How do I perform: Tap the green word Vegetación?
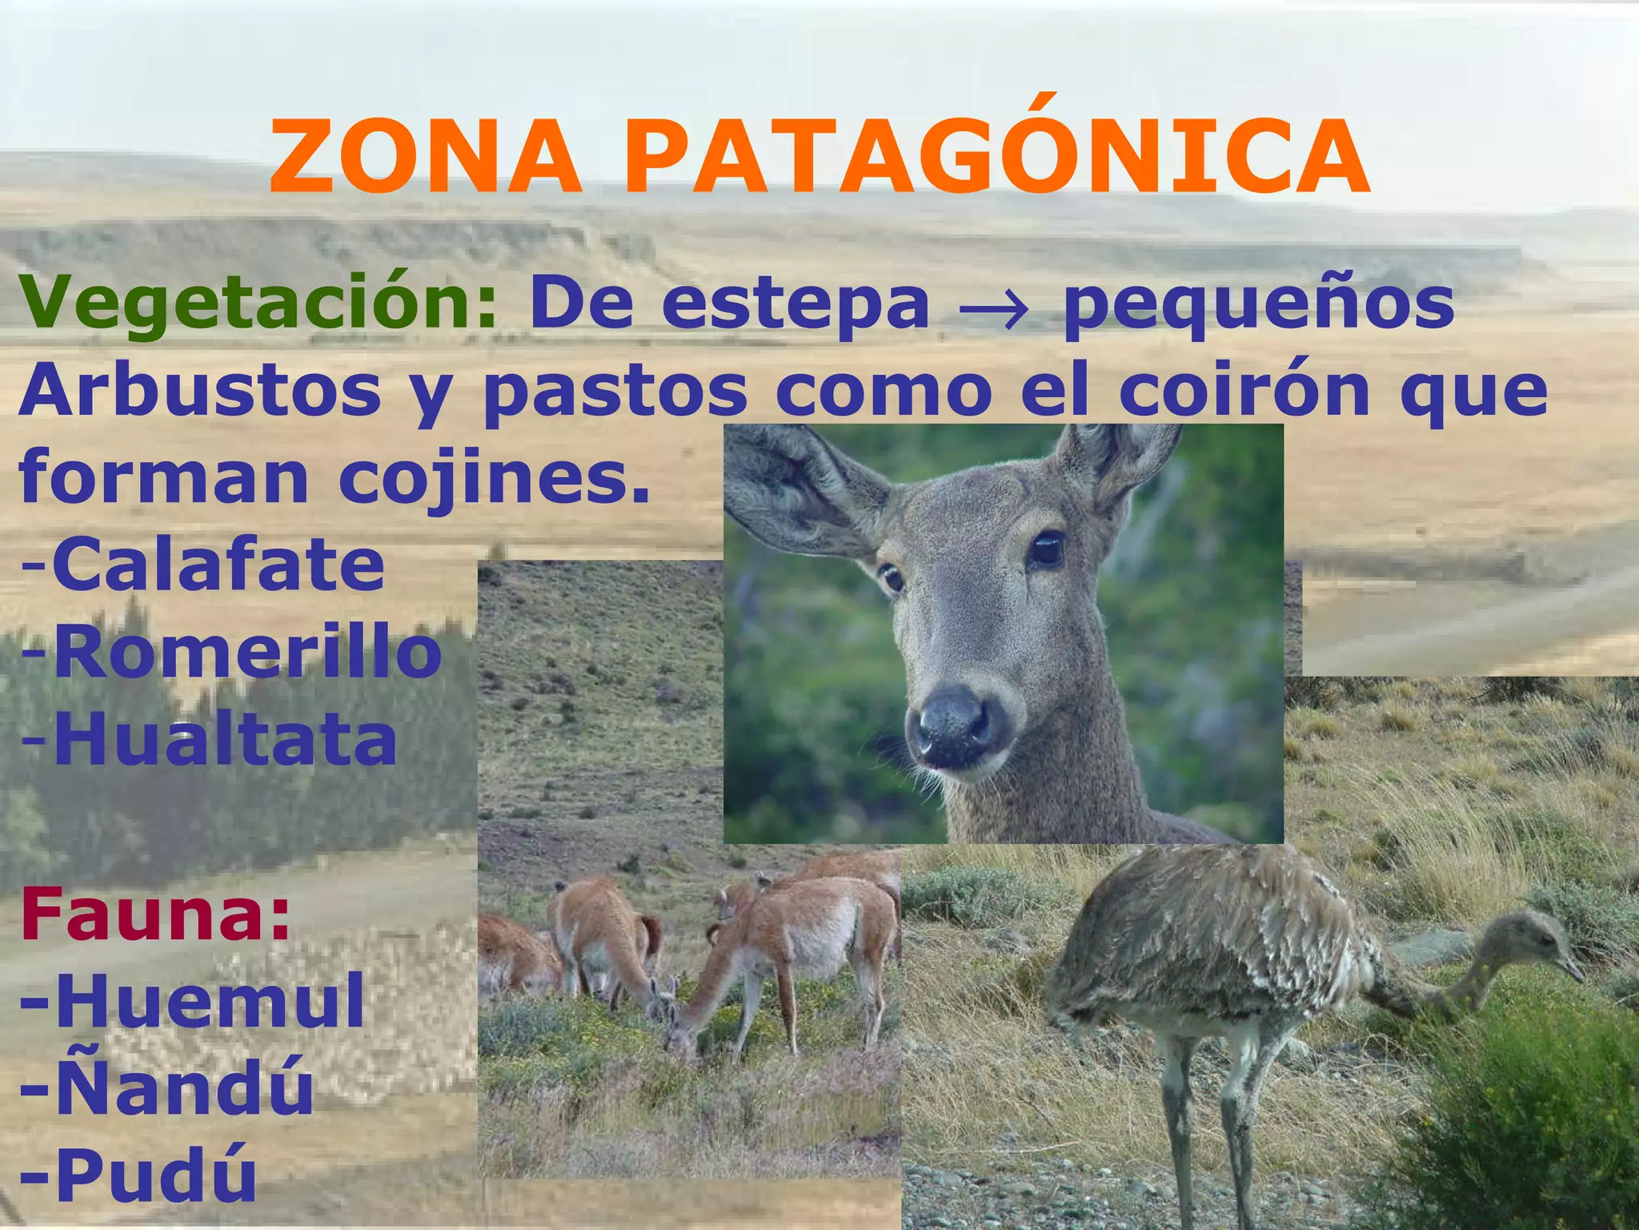(x=259, y=303)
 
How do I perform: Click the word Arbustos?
(x=200, y=391)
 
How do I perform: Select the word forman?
(x=164, y=476)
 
